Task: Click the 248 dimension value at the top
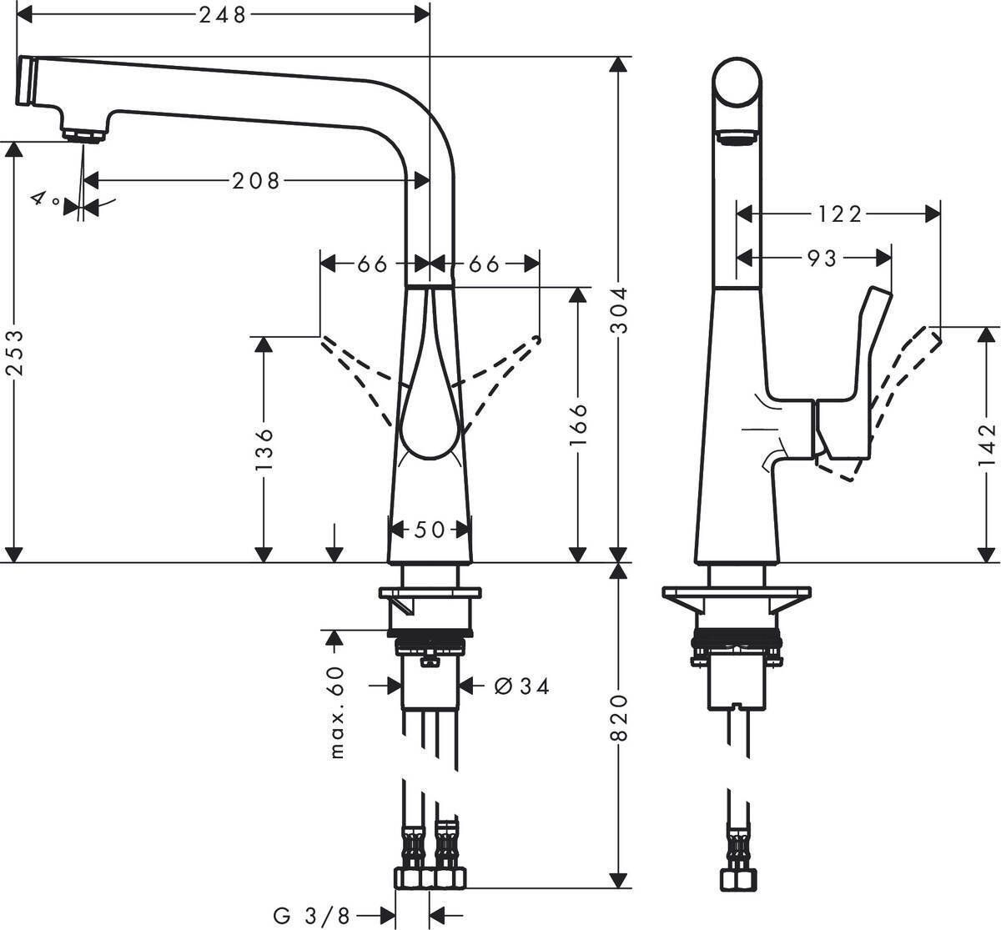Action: click(x=224, y=14)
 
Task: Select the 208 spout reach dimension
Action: click(x=256, y=180)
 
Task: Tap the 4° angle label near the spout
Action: click(x=45, y=200)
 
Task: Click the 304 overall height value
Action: click(x=618, y=310)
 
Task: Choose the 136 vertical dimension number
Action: click(x=264, y=449)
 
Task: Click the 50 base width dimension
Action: click(x=430, y=530)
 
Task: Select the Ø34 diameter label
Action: click(x=522, y=686)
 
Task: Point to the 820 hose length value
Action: click(x=618, y=716)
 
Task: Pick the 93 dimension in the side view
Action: click(x=821, y=259)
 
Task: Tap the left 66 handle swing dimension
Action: click(x=372, y=264)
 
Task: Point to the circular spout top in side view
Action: click(x=737, y=83)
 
